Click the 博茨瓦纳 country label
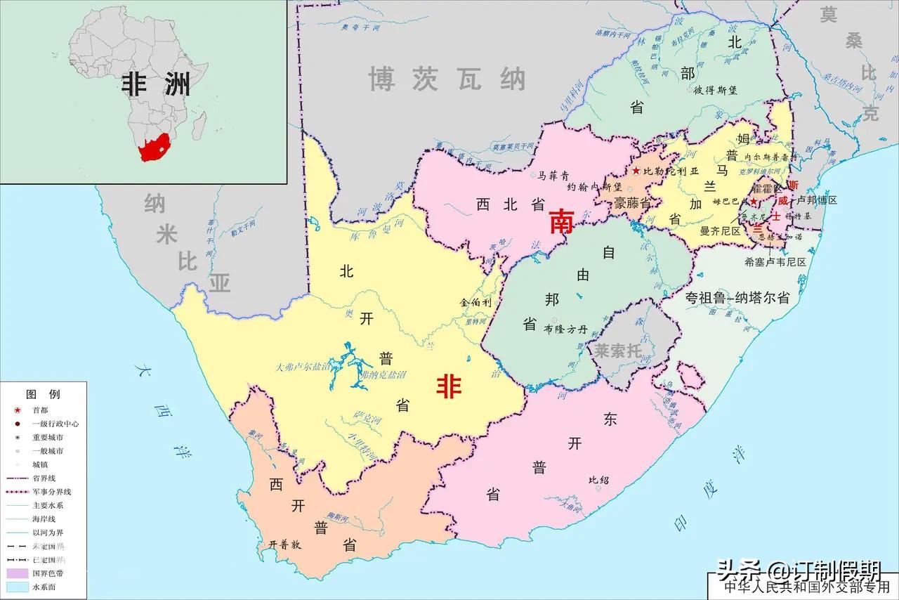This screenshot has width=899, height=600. click(x=447, y=79)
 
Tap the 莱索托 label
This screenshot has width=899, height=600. click(x=618, y=351)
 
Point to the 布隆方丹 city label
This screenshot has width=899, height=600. click(x=565, y=327)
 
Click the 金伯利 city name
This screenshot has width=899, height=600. click(x=473, y=302)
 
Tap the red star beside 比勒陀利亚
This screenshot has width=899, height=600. click(x=636, y=171)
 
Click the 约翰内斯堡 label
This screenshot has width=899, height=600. click(x=594, y=188)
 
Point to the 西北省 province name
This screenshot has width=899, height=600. click(x=511, y=204)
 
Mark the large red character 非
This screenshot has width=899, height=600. click(x=449, y=387)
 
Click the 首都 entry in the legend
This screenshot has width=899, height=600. click(x=41, y=410)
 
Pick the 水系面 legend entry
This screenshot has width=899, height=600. click(x=43, y=587)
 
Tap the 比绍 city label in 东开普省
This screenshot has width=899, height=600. click(x=599, y=480)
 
